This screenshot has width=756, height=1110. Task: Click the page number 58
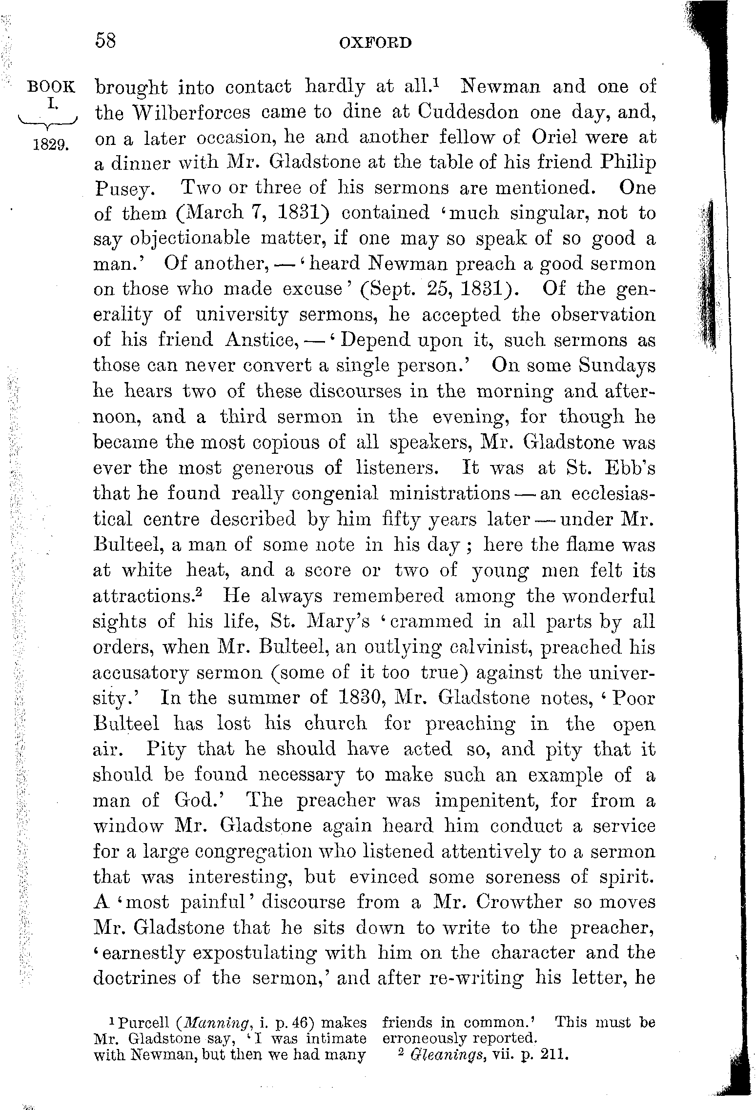[x=106, y=41]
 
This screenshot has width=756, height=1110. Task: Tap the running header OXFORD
[x=375, y=43]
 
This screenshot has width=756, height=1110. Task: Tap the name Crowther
[x=519, y=902]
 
